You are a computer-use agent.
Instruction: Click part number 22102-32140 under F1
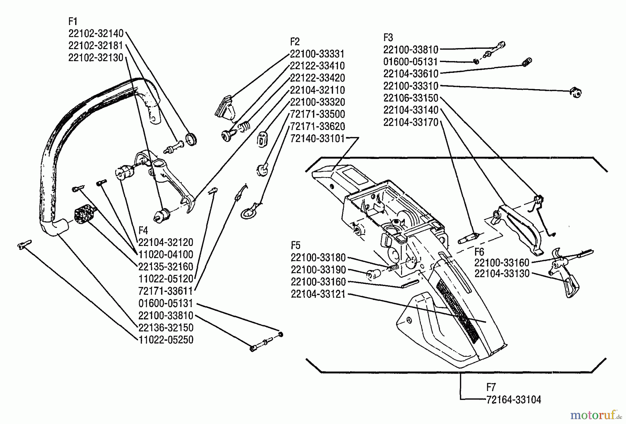point(96,33)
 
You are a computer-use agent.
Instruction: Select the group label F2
point(295,42)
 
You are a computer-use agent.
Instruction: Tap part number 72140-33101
point(317,139)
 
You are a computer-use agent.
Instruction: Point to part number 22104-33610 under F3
point(411,74)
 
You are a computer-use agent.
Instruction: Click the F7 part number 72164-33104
point(514,400)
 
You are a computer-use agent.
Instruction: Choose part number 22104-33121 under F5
point(318,294)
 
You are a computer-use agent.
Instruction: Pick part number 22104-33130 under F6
point(502,274)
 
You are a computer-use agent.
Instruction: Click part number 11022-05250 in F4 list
point(166,340)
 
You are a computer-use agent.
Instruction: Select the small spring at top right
point(527,62)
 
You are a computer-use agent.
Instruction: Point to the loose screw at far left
point(24,244)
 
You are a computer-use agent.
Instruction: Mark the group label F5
point(295,245)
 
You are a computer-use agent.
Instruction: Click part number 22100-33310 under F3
point(411,86)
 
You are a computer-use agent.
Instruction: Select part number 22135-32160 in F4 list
point(166,267)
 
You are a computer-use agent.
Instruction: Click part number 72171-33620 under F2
point(317,126)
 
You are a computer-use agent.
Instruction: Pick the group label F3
point(388,37)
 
